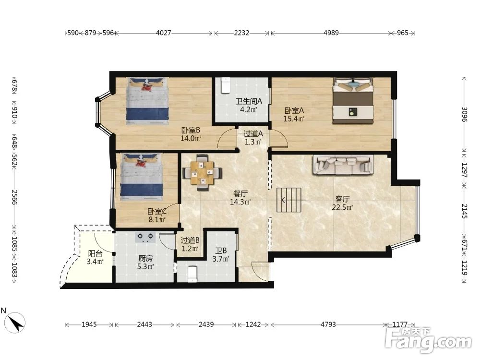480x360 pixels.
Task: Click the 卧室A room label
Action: (294, 110)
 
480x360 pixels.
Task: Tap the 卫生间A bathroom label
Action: (249, 101)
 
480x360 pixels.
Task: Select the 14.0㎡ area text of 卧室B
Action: (191, 138)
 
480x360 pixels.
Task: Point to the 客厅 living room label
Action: (342, 199)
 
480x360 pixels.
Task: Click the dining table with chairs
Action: (202, 173)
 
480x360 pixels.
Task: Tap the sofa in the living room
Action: (343, 165)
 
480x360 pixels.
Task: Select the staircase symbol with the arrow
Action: (289, 200)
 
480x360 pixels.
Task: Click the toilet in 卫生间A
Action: (225, 85)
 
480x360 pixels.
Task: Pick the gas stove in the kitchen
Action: (145, 237)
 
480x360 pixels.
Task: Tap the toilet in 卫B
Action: (192, 274)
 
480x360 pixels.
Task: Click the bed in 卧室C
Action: (141, 177)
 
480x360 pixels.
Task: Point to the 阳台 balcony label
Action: (95, 253)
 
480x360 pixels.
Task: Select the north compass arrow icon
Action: (15, 323)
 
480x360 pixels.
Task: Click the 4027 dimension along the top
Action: (164, 33)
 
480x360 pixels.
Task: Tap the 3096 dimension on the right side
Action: (464, 114)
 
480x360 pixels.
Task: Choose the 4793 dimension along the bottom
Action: (328, 324)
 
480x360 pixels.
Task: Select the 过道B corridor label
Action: (190, 240)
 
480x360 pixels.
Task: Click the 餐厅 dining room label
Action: (240, 194)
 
